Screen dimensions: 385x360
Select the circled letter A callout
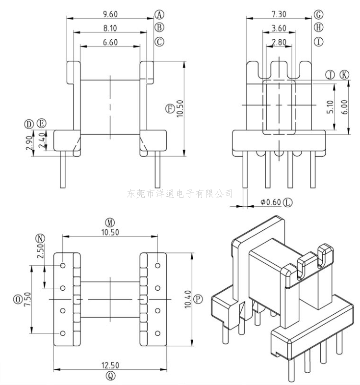point(159,14)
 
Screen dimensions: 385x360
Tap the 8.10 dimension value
point(109,28)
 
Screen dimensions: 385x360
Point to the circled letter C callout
point(159,42)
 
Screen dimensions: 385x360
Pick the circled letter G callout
point(319,14)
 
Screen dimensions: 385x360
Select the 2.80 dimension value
point(279,42)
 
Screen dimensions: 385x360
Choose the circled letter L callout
point(287,202)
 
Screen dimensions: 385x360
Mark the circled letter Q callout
point(110,376)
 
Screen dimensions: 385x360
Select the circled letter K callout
point(344,75)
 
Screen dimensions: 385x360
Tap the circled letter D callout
point(30,123)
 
